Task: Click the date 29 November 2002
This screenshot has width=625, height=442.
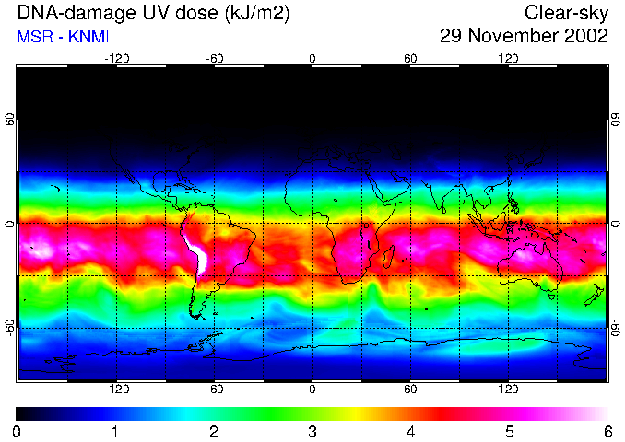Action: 524,37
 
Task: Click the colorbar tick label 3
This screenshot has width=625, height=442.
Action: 312,432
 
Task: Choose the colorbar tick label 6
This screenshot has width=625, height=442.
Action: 607,432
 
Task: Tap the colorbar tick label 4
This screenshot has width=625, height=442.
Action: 410,432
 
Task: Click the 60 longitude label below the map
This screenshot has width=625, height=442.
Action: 410,389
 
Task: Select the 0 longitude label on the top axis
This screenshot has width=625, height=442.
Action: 312,59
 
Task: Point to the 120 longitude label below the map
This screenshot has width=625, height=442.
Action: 508,389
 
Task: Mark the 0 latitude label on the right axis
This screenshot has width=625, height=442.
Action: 615,224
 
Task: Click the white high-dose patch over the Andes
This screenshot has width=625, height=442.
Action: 197,253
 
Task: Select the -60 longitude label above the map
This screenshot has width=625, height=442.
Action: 214,59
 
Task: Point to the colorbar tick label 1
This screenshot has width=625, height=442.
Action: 115,432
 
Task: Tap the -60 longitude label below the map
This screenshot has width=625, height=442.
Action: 214,389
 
